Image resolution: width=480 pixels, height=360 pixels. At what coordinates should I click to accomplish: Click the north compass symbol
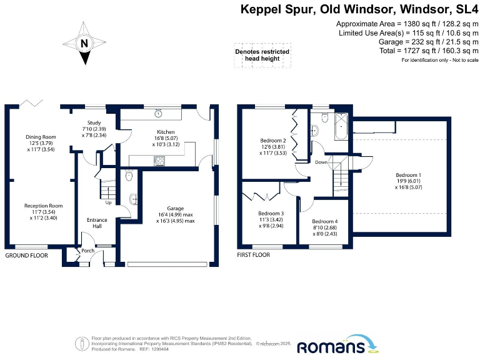coord(83,44)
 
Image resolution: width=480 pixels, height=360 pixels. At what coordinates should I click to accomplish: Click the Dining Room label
coord(41,137)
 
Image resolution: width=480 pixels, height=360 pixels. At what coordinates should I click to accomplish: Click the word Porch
coord(87,251)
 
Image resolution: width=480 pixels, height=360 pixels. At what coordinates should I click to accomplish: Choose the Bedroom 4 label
coord(324,221)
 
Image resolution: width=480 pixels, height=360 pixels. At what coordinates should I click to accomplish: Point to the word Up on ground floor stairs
coord(108,202)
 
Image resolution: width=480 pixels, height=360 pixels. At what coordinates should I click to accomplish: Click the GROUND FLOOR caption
coord(27,256)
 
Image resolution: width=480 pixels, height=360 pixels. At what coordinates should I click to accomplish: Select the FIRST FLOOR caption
coord(254,256)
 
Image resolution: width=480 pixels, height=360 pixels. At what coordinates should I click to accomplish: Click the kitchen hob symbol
coord(159,161)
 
